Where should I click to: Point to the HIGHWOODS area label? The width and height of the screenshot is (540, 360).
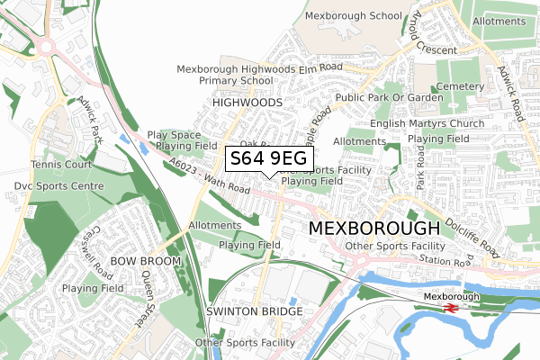coord(247,103)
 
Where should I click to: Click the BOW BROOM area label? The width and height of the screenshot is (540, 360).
coord(146,261)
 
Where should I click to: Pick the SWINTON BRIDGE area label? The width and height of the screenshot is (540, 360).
coord(255,311)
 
